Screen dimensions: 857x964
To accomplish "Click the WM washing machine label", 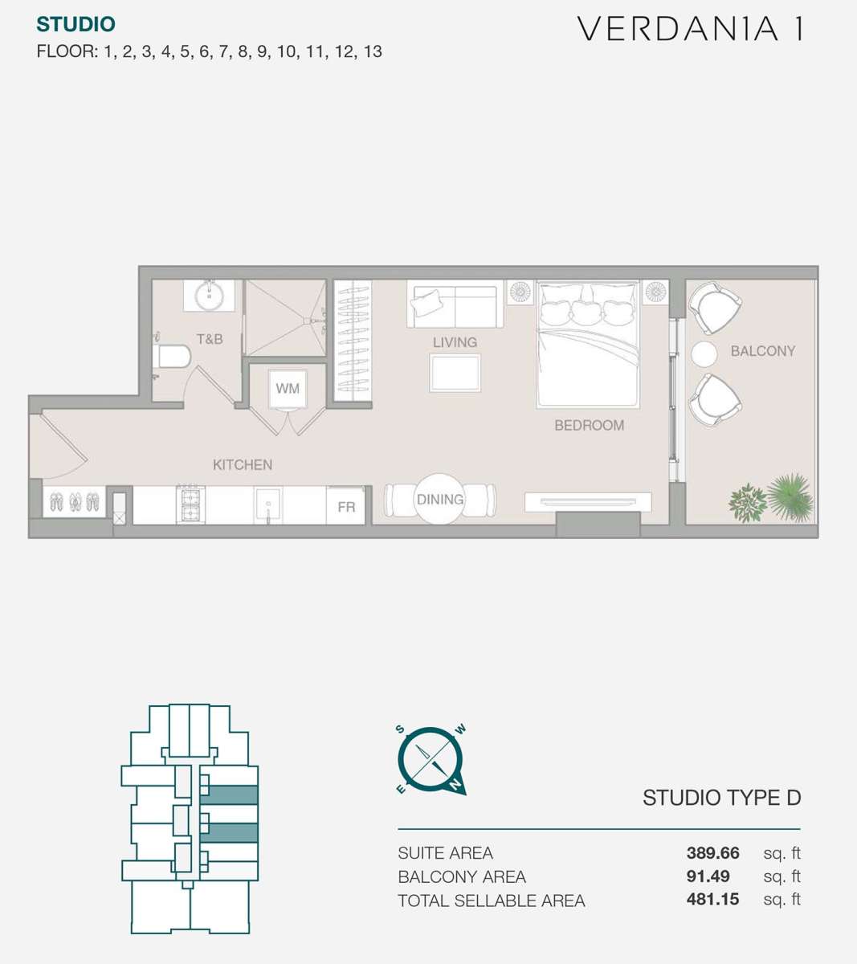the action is [x=288, y=388].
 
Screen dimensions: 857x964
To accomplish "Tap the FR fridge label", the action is [x=346, y=507].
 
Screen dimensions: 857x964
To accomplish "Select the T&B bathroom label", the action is [x=210, y=339].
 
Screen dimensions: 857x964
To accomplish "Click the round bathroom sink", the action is [x=209, y=295].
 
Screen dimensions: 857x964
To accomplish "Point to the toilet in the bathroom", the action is [x=172, y=356].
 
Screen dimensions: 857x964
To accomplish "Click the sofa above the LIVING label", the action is [x=455, y=304].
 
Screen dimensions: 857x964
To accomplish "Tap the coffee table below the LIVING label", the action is [x=455, y=373].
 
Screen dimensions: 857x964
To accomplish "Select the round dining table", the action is [x=439, y=499].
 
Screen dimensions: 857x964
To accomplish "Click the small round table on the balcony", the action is [x=704, y=354].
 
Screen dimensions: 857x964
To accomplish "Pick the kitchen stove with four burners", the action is [x=190, y=504].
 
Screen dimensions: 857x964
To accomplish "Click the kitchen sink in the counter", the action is [x=268, y=505].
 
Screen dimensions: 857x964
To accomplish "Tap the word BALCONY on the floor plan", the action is [x=763, y=351].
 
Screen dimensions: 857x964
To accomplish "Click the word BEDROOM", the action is [x=589, y=426].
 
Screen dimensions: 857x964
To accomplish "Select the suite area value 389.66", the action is [x=712, y=853].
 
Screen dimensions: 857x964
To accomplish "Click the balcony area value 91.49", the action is [x=708, y=876].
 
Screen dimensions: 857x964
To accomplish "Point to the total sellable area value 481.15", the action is [x=712, y=899].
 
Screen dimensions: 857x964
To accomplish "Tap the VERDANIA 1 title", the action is [x=691, y=29].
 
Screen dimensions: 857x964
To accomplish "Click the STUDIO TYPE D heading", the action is [x=722, y=798].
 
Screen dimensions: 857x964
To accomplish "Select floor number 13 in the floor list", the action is [x=373, y=51].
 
